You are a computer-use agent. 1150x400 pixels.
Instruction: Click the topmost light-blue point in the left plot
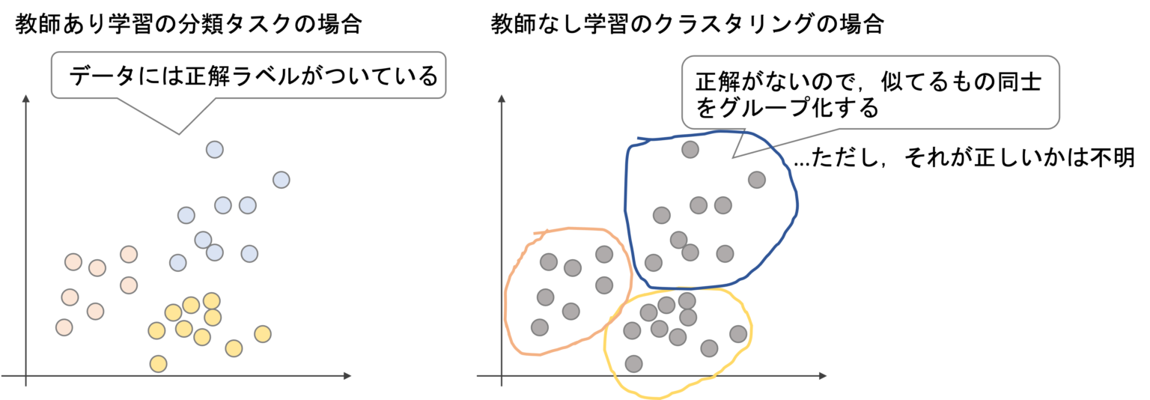pos(215,150)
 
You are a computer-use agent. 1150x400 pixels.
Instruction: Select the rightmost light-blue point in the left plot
pos(281,180)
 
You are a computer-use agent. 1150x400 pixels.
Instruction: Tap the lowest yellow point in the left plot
pos(158,364)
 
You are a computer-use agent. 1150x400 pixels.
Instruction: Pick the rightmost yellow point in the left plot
pos(262,334)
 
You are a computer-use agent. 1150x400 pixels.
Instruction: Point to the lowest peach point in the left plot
pos(64,327)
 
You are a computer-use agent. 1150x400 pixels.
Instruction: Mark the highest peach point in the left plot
pos(129,254)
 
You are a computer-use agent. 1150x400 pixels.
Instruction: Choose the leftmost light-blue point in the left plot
pos(177,263)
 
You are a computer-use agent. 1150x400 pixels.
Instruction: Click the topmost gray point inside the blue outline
pos(690,150)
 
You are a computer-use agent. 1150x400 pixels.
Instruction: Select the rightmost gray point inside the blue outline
pos(756,180)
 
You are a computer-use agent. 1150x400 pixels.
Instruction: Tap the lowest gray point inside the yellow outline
pos(633,364)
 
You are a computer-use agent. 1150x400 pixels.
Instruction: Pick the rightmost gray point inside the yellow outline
pos(738,334)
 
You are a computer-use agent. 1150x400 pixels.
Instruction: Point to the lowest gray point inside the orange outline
pos(540,327)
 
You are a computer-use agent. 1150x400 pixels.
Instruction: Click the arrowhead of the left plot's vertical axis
pos(26,97)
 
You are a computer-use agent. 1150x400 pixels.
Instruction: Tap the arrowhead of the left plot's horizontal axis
pos(348,375)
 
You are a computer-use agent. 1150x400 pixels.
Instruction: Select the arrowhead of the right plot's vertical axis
pos(502,97)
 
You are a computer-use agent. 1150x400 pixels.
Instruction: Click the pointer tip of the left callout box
pos(178,134)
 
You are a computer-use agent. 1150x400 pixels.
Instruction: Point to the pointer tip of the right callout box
pos(733,157)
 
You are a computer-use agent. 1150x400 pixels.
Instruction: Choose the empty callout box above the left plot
pos(248,74)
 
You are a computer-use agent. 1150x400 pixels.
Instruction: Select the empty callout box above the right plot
pos(870,91)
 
